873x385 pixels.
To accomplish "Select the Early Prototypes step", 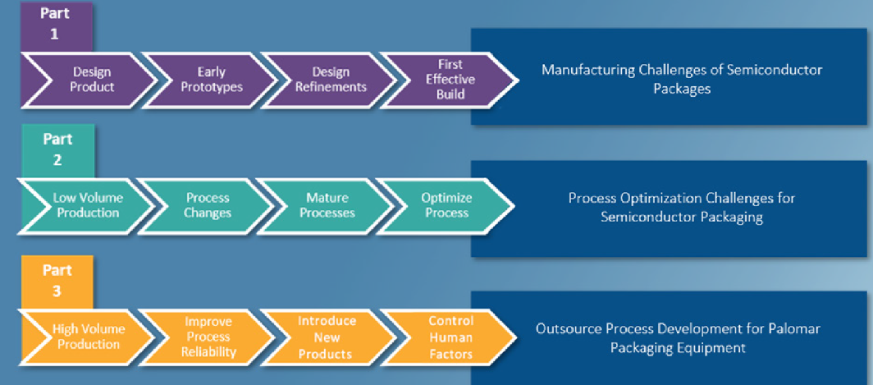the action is pyautogui.click(x=208, y=80).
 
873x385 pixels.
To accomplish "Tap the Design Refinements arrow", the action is pyautogui.click(x=328, y=80).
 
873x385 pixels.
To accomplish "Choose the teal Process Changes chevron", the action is pyautogui.click(x=205, y=205).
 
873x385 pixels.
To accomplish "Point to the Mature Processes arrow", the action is pyautogui.click(x=325, y=205).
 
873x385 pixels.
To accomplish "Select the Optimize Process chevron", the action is pyautogui.click(x=446, y=205).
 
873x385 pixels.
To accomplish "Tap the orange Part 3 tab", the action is pyautogui.click(x=57, y=282).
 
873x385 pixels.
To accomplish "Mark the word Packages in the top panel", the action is pyautogui.click(x=682, y=89).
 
